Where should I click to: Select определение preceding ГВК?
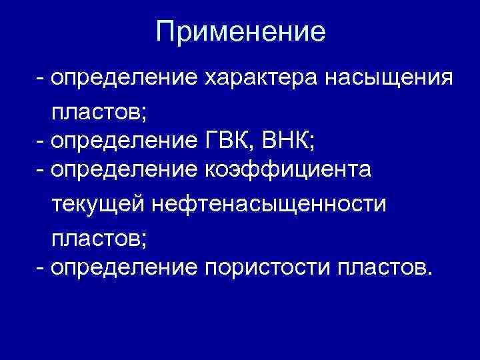pyautogui.click(x=123, y=141)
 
